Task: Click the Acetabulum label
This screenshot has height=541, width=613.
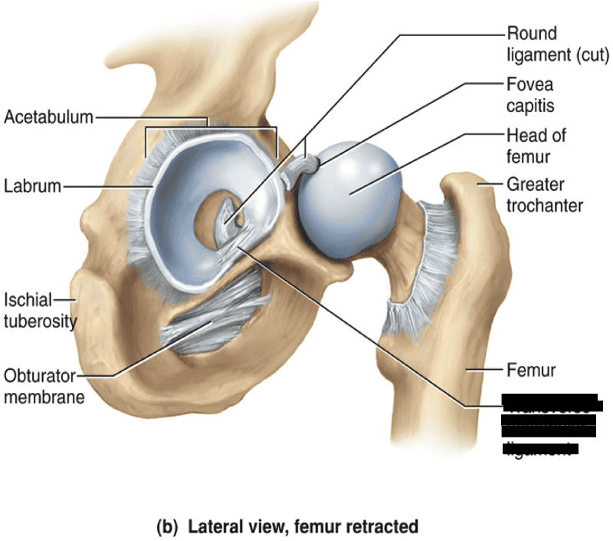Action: pos(48,117)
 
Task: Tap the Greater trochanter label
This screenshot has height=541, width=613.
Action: pos(544,194)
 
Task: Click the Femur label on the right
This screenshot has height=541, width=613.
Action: pos(530,371)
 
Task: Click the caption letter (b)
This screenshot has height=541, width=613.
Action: pos(166,527)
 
